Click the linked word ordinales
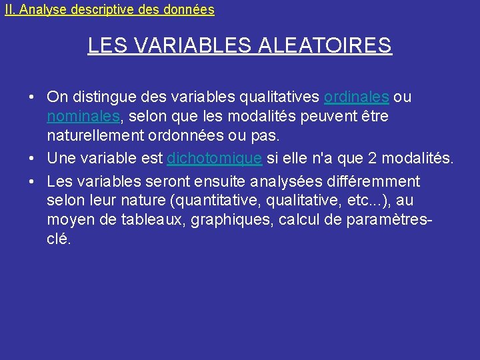(356, 97)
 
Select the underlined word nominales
(83, 117)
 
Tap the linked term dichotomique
(214, 159)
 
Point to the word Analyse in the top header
(41, 10)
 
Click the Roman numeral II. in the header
(11, 10)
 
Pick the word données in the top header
(191, 10)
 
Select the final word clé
(58, 239)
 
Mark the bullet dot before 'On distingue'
(32, 97)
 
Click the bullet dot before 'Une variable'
(32, 159)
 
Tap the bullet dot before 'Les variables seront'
(32, 181)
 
